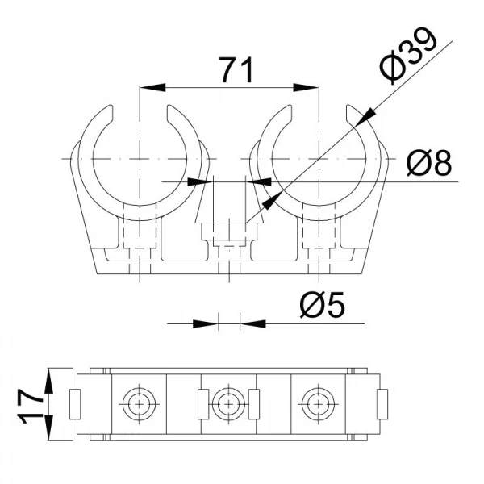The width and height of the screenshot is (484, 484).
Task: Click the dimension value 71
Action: (x=237, y=70)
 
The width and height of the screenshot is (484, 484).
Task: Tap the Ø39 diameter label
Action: (x=408, y=56)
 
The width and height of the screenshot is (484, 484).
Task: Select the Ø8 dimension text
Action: (x=429, y=162)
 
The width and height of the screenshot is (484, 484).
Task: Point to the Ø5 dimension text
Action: (x=322, y=305)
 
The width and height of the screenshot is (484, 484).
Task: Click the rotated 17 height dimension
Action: (x=31, y=404)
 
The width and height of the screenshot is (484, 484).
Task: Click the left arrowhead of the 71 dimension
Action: (x=152, y=87)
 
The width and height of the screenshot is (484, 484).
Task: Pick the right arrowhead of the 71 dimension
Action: (x=306, y=87)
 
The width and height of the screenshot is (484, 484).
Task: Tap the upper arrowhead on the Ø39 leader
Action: (x=365, y=116)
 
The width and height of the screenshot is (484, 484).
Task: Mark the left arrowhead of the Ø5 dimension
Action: (x=205, y=323)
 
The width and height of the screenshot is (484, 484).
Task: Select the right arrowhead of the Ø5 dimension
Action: (x=252, y=323)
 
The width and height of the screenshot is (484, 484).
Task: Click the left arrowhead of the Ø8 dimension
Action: (x=200, y=181)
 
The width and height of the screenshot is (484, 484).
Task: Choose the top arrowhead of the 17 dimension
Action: (x=48, y=381)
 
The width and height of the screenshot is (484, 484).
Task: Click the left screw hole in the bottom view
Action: (x=140, y=404)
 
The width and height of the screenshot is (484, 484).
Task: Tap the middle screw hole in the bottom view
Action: (x=228, y=404)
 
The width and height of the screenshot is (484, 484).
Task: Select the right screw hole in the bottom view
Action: (x=318, y=404)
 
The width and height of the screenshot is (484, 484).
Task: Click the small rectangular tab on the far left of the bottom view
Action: (x=75, y=404)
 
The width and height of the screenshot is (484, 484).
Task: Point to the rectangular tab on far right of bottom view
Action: (x=382, y=404)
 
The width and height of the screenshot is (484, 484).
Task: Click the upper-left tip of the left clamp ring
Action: (x=110, y=106)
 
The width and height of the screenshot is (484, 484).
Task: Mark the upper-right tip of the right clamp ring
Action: (x=348, y=106)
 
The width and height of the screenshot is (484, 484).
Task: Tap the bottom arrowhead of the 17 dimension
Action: (x=48, y=428)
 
